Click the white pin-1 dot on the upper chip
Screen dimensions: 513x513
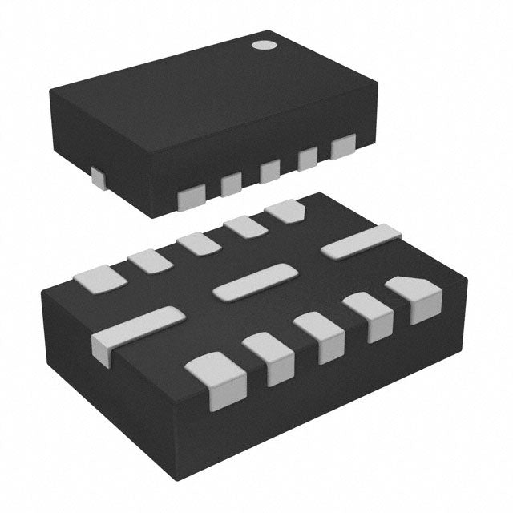pyautogui.click(x=262, y=46)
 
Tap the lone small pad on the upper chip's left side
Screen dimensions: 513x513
pyautogui.click(x=97, y=178)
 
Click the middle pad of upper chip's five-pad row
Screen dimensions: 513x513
pyautogui.click(x=269, y=172)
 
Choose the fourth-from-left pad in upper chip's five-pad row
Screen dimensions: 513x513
pyautogui.click(x=307, y=160)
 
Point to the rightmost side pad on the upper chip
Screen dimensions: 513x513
pyautogui.click(x=343, y=147)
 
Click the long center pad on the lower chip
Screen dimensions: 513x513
pyautogui.click(x=255, y=283)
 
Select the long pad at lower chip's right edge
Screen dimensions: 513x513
pyautogui.click(x=361, y=242)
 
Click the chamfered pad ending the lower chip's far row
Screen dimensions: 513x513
pyautogui.click(x=285, y=212)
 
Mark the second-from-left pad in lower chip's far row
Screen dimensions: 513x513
pyautogui.click(x=150, y=260)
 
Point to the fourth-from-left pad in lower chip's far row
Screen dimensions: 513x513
pyautogui.click(x=244, y=228)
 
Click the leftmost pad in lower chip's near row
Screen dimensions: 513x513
pyautogui.click(x=213, y=380)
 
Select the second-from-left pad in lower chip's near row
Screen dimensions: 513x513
pyautogui.click(x=269, y=357)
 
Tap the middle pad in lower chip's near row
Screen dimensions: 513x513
pyautogui.click(x=318, y=337)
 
